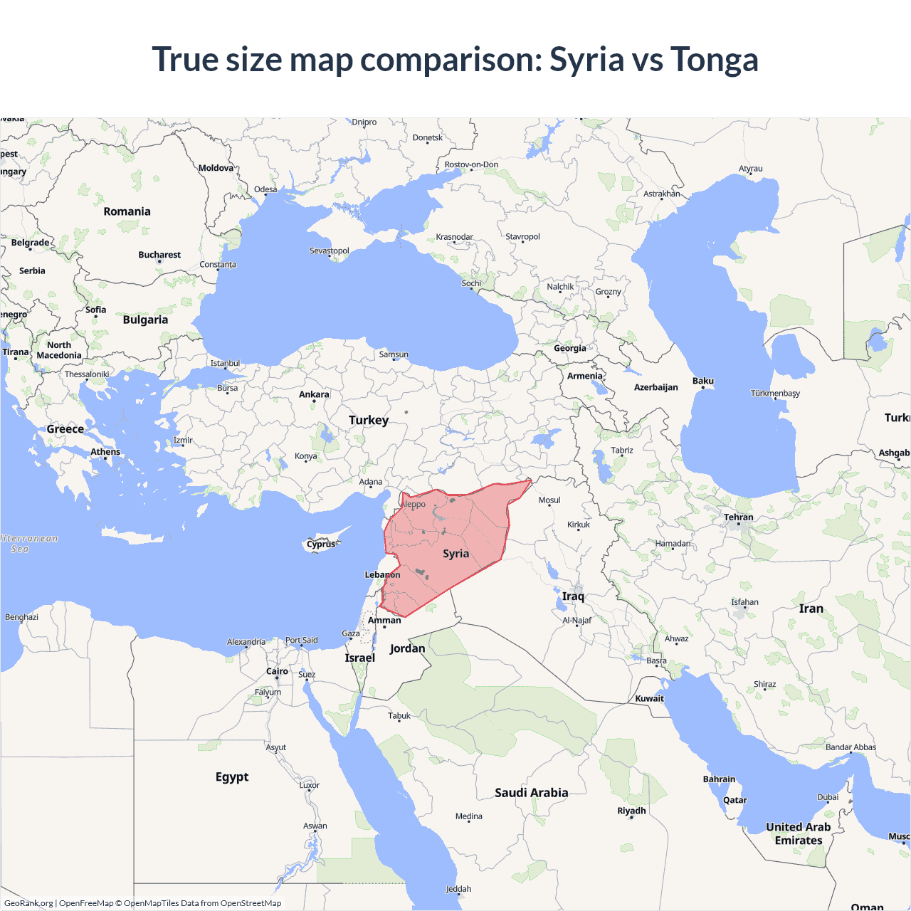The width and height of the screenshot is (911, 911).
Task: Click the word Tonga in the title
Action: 714,59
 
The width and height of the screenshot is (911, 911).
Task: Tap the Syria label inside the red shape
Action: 455,554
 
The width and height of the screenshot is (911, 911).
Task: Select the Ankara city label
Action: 314,394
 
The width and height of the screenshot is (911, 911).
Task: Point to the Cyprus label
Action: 321,544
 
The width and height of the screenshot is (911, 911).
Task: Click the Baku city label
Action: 703,381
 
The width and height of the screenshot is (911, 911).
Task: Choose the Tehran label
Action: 738,517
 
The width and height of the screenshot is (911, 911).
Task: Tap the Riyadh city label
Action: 631,811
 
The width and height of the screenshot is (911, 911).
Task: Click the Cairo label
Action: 277,671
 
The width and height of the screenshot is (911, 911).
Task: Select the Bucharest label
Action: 159,255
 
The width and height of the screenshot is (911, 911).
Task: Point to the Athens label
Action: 105,452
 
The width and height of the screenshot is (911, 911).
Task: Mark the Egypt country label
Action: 232,776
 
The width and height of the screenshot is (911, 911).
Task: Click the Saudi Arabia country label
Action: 531,793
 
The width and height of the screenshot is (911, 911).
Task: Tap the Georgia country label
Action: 570,348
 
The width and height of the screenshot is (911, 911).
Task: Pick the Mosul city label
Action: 549,500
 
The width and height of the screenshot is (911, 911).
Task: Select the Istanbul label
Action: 225,363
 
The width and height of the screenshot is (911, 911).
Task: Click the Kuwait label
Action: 649,698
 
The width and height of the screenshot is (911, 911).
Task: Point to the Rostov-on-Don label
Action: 471,164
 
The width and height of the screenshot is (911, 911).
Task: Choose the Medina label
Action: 468,816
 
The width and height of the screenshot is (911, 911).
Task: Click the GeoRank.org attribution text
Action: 28,903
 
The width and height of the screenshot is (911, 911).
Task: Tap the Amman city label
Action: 384,621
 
